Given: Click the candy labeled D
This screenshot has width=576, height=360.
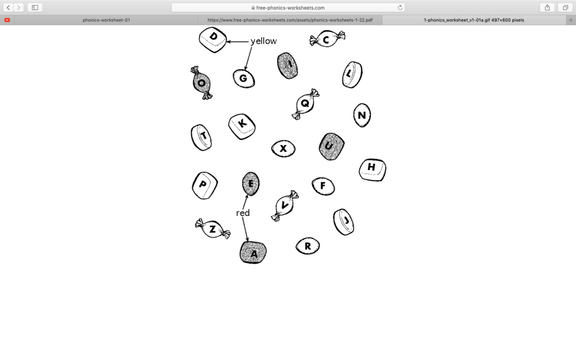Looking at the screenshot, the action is [213, 40].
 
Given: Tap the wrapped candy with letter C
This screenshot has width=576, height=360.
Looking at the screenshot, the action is [327, 39].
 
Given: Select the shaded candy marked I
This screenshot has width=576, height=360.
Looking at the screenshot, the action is [287, 66].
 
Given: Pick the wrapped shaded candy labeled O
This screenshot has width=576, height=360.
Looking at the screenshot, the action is [201, 83].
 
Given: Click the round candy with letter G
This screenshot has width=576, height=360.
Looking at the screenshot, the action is [244, 79].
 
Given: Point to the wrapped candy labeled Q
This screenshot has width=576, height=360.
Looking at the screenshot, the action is [305, 103].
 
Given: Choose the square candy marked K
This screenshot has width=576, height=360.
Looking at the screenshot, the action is [242, 127].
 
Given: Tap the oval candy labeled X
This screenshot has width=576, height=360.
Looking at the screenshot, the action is [283, 148].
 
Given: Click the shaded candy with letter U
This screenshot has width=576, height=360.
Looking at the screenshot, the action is [332, 146].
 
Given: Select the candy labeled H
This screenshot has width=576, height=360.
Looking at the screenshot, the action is [372, 170].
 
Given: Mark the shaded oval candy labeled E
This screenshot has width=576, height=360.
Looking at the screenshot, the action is [251, 184].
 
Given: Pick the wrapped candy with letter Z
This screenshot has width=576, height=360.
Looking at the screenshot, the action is [213, 228].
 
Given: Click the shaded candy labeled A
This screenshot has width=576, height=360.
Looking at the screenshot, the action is [253, 253].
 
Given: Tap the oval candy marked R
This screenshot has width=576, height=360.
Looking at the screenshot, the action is [308, 246].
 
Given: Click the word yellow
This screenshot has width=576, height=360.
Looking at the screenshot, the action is [264, 41].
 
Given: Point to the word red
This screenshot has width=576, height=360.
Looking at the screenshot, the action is [243, 213].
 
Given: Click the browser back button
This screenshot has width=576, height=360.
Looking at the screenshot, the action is [8, 7].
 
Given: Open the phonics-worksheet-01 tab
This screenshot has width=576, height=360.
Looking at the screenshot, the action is [106, 20].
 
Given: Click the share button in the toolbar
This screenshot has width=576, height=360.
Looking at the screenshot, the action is [547, 7].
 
